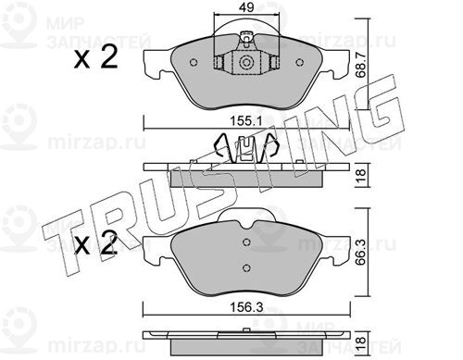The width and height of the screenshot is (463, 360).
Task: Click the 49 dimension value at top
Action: (x=246, y=7)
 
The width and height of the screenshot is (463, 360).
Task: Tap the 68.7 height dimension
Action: (x=361, y=65)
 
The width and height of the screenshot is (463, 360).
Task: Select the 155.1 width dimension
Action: (x=245, y=121)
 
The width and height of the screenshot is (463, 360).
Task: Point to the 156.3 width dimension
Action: (x=246, y=307)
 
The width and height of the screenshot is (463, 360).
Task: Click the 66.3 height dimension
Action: (x=361, y=253)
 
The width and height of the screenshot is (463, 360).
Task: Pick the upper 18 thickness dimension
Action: (x=361, y=175)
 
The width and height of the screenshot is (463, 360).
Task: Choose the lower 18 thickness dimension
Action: (x=361, y=342)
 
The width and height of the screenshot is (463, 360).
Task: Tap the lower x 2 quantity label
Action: (x=95, y=243)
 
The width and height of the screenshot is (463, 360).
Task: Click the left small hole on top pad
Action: (x=194, y=62)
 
